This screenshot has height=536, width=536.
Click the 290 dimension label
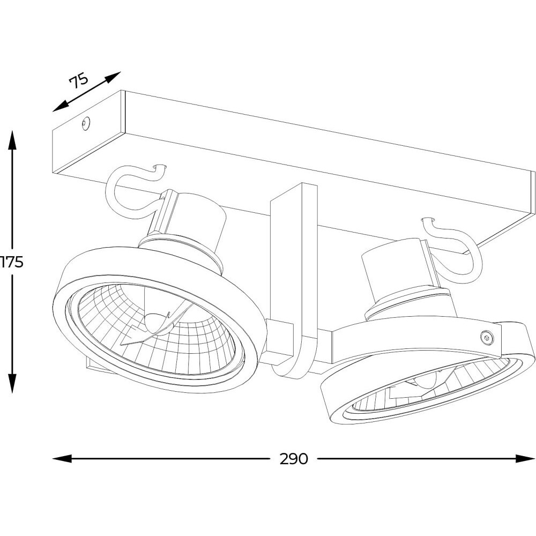coord(294,459)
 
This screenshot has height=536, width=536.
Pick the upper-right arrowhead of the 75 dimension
coord(114,76)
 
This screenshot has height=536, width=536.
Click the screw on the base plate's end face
coord(86,124)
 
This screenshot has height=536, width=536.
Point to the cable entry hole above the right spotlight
coord(427,220)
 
